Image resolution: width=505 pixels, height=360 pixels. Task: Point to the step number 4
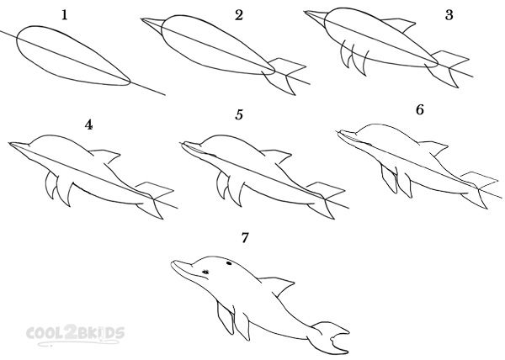point(88,124)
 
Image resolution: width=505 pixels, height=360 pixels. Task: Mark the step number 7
point(245,238)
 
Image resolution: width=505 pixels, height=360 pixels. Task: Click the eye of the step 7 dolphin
point(205,271)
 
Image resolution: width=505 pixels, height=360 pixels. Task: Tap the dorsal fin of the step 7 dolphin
point(283,284)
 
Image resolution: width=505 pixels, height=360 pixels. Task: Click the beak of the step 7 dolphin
point(178,267)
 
